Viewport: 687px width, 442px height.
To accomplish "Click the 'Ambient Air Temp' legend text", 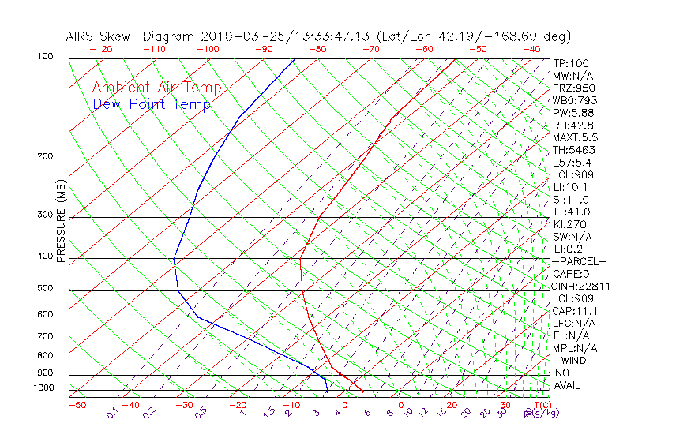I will point(156,88).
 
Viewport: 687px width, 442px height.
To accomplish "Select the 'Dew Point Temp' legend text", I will point(152,104).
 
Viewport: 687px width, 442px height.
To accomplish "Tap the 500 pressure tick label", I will point(45,289).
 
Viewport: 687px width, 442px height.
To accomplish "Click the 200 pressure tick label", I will point(45,157).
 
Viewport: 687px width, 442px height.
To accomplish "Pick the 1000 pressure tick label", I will point(43,388).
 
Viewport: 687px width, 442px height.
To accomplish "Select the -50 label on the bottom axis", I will point(77,405).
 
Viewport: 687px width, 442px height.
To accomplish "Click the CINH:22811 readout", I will point(582,286).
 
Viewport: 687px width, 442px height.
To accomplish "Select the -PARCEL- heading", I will point(579,261).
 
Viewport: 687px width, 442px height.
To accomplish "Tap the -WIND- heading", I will point(573,360).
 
